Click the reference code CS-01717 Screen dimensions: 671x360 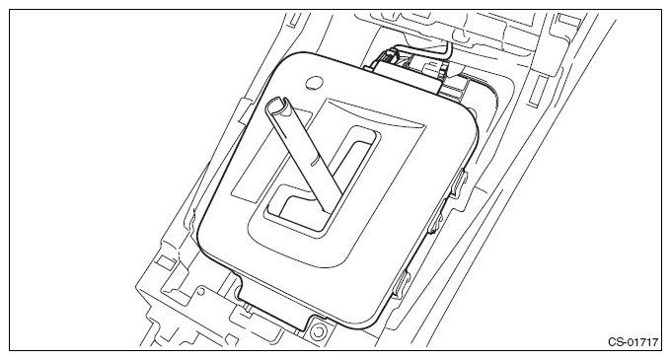click(x=631, y=341)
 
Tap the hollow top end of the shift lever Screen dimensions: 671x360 click(x=276, y=105)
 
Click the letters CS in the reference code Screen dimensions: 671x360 click(x=615, y=341)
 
